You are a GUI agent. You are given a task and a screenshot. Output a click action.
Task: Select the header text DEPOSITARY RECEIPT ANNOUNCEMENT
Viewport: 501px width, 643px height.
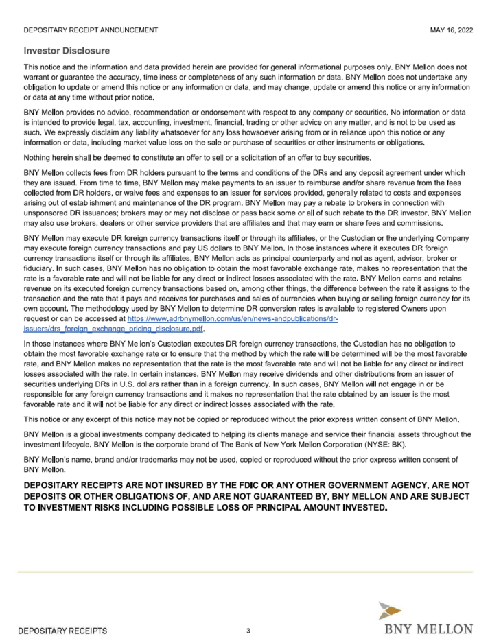(x=91, y=30)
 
